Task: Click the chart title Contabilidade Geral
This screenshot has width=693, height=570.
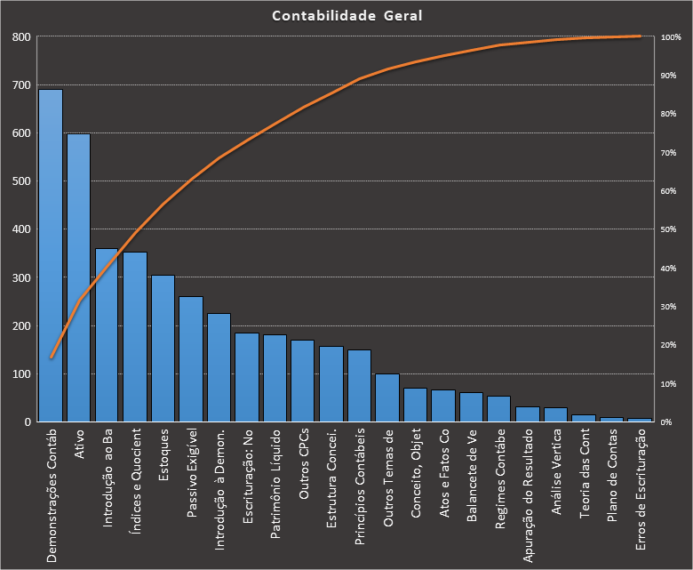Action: [x=346, y=16]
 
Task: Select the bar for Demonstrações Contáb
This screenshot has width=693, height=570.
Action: [x=51, y=258]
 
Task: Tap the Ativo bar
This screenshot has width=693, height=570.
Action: [x=78, y=280]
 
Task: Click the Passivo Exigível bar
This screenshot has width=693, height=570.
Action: [x=191, y=360]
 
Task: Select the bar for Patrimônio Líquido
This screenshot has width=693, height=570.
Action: [x=275, y=379]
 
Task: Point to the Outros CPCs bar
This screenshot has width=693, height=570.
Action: [x=303, y=381]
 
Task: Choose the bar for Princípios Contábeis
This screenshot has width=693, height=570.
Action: [x=359, y=386]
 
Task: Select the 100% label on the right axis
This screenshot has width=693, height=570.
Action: [x=671, y=37]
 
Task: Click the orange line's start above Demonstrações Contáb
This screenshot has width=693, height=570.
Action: [x=51, y=357]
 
